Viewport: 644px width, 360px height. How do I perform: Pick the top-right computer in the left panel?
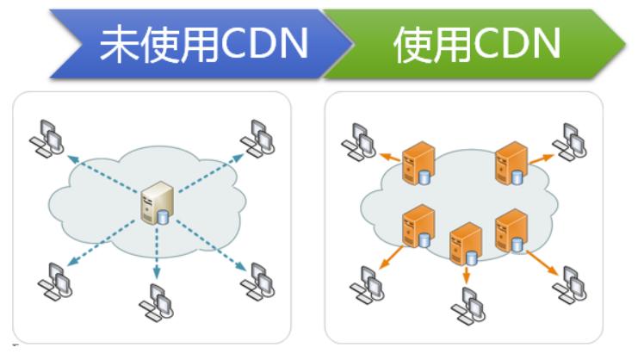click(257, 137)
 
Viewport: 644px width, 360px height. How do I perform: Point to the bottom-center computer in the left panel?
click(156, 299)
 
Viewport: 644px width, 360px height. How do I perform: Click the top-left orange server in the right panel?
click(419, 164)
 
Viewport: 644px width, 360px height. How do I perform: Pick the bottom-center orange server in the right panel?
click(466, 244)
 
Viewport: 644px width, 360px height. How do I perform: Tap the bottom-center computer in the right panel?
click(468, 303)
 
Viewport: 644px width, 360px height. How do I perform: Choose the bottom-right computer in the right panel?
click(570, 283)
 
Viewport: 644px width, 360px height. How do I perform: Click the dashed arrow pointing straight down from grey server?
click(156, 253)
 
